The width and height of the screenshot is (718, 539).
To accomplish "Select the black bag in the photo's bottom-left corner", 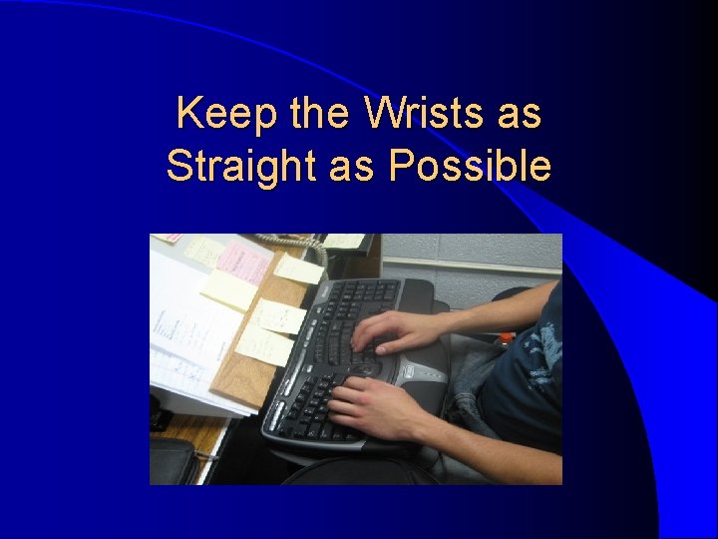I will pos(174,462).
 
